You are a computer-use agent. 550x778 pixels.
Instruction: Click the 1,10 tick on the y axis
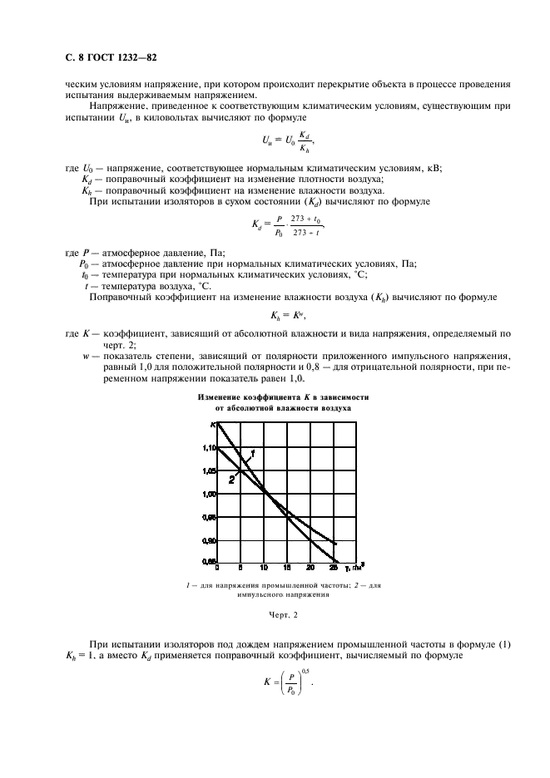coord(208,448)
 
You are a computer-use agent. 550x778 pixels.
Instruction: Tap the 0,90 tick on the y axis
coord(208,539)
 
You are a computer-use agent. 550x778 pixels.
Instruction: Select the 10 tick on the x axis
coord(264,569)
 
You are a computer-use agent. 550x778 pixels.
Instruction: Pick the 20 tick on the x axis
coord(310,569)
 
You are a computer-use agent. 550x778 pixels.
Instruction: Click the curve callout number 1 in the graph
coord(251,451)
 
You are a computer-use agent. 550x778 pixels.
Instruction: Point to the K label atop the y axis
coord(211,425)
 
